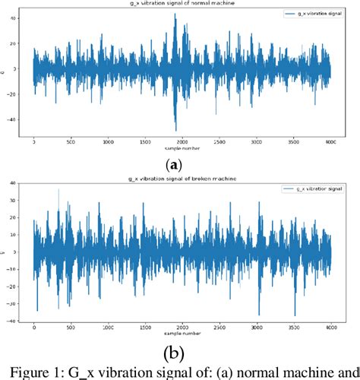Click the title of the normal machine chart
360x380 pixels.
pyautogui.click(x=181, y=4)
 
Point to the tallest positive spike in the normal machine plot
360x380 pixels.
pyautogui.click(x=175, y=14)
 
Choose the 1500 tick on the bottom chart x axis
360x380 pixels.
pyautogui.click(x=145, y=328)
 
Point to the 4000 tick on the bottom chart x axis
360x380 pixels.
pyautogui.click(x=330, y=328)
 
